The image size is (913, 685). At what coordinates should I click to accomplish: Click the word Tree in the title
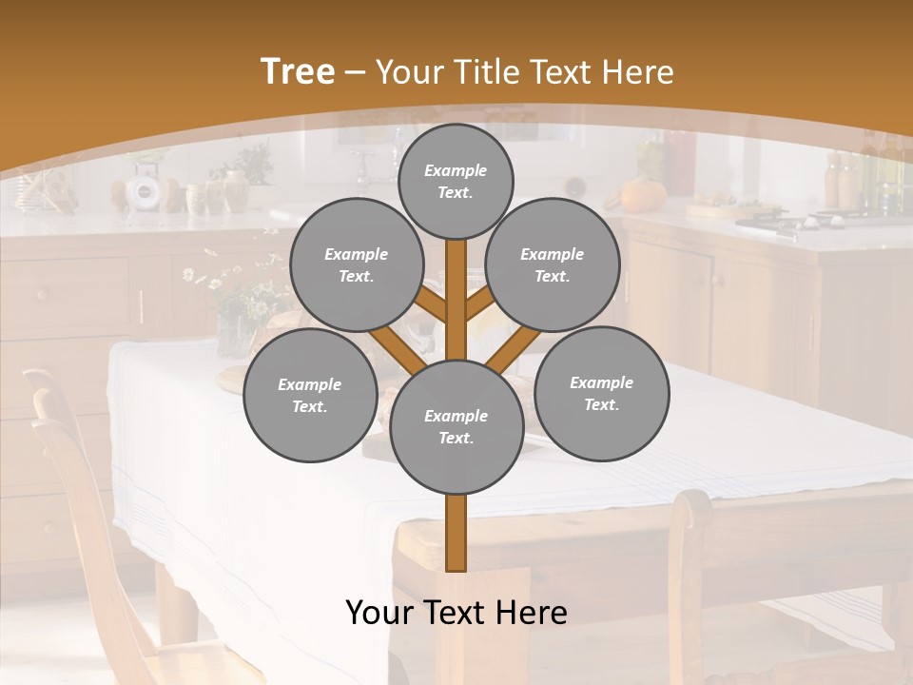298,72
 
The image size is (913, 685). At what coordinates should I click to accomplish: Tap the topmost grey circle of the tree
456,181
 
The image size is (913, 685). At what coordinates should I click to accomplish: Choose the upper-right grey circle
553,264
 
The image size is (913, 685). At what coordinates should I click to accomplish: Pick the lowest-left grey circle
310,396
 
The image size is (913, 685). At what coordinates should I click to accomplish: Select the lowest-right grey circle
601,393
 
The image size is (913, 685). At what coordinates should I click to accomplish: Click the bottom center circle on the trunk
456,427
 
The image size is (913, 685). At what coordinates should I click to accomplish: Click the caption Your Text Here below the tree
456,613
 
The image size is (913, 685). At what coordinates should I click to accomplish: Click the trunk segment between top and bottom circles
456,295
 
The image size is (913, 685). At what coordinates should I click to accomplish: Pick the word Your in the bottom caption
379,613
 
